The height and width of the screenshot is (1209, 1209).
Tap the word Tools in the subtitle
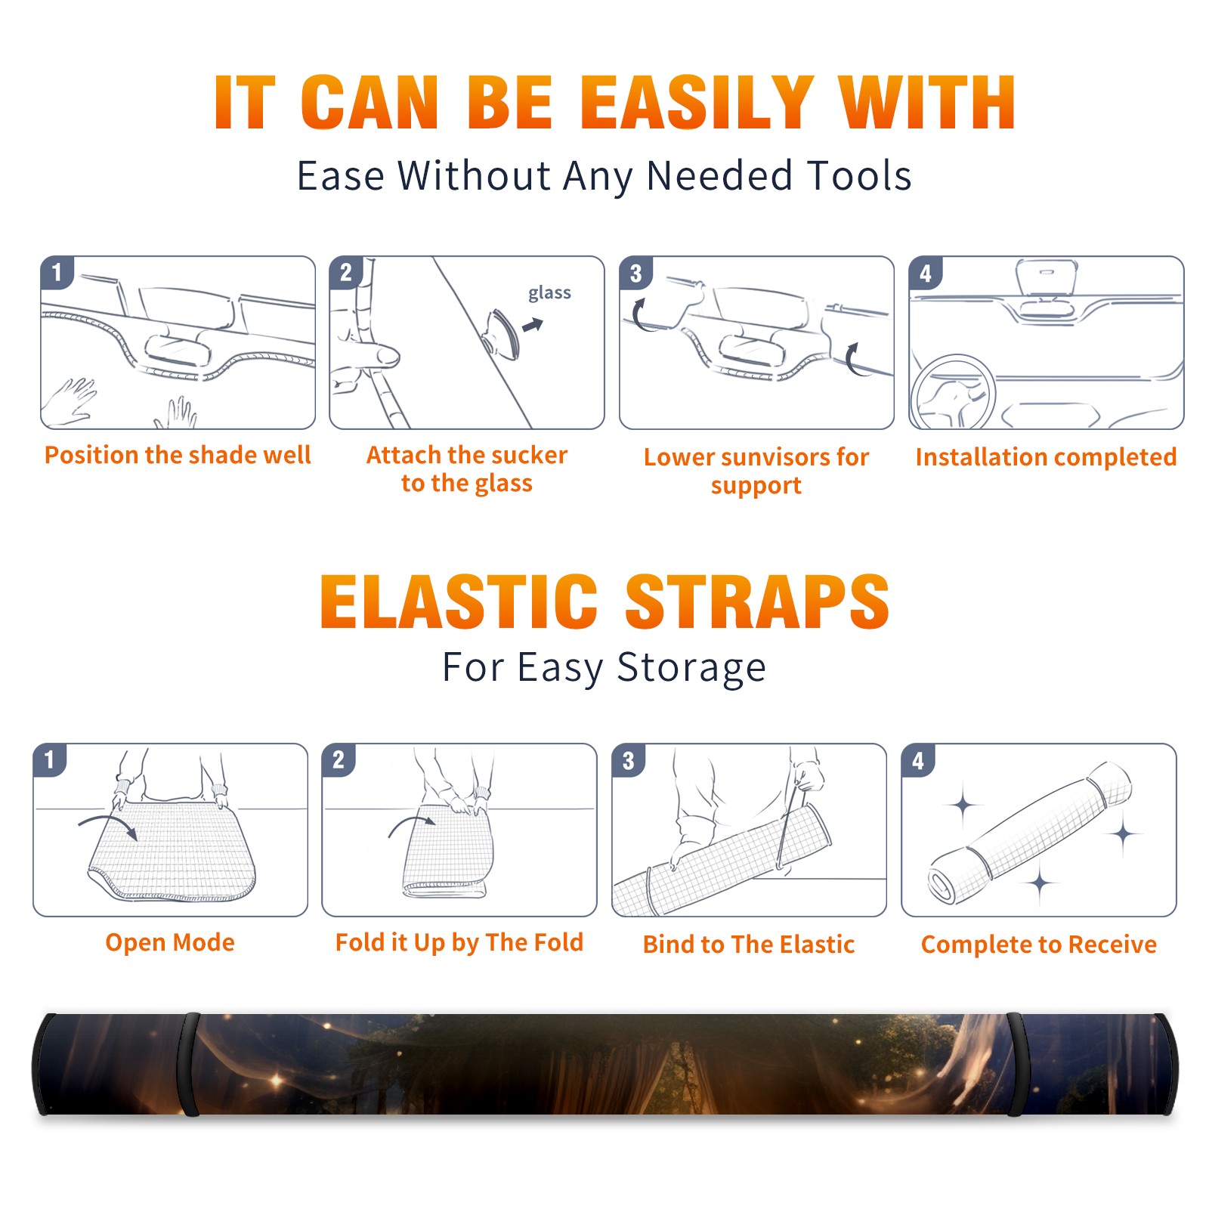(x=859, y=175)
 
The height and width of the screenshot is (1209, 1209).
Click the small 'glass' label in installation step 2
(x=549, y=292)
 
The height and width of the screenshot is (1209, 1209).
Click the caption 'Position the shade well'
(x=178, y=455)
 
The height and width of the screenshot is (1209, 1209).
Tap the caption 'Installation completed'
(x=1046, y=456)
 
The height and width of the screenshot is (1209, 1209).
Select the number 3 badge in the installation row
(x=635, y=273)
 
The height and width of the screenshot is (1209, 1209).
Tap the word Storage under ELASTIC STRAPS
(x=691, y=668)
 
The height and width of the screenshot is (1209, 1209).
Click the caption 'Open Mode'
(x=170, y=942)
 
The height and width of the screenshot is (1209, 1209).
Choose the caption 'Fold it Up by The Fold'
(x=459, y=942)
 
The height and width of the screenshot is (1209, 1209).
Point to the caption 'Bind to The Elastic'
(x=749, y=944)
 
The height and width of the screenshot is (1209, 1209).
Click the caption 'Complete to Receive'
(x=1039, y=944)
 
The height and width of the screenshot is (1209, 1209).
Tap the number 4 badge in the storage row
(x=918, y=760)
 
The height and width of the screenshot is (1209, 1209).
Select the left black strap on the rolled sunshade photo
(x=190, y=1064)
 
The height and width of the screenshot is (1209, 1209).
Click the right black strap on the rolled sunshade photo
(x=1015, y=1064)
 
